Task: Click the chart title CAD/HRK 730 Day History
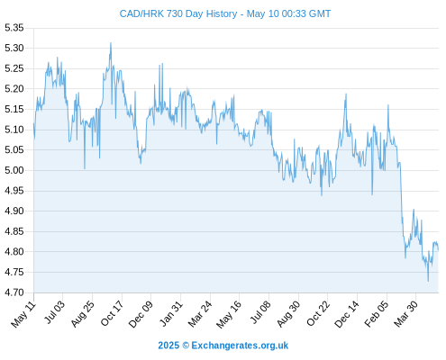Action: (x=178, y=13)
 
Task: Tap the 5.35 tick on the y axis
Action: (x=14, y=28)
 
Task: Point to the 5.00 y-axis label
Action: (x=14, y=170)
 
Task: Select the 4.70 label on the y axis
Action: (x=14, y=292)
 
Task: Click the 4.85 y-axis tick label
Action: (x=14, y=231)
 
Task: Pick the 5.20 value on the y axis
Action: (x=14, y=89)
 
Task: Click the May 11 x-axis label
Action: (x=23, y=314)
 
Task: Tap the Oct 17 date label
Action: (x=112, y=313)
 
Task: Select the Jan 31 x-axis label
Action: (x=171, y=313)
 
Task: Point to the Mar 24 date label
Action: (x=200, y=314)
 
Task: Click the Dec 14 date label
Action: (x=346, y=314)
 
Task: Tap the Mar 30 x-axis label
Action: (x=405, y=314)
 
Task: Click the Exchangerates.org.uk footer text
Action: (x=240, y=346)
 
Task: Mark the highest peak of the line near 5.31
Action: (x=111, y=43)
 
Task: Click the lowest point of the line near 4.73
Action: (x=428, y=281)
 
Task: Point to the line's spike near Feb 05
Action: (x=388, y=105)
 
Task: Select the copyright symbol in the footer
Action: (x=186, y=346)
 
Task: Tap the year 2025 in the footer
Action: (x=168, y=346)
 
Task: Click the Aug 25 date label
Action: (x=82, y=314)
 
